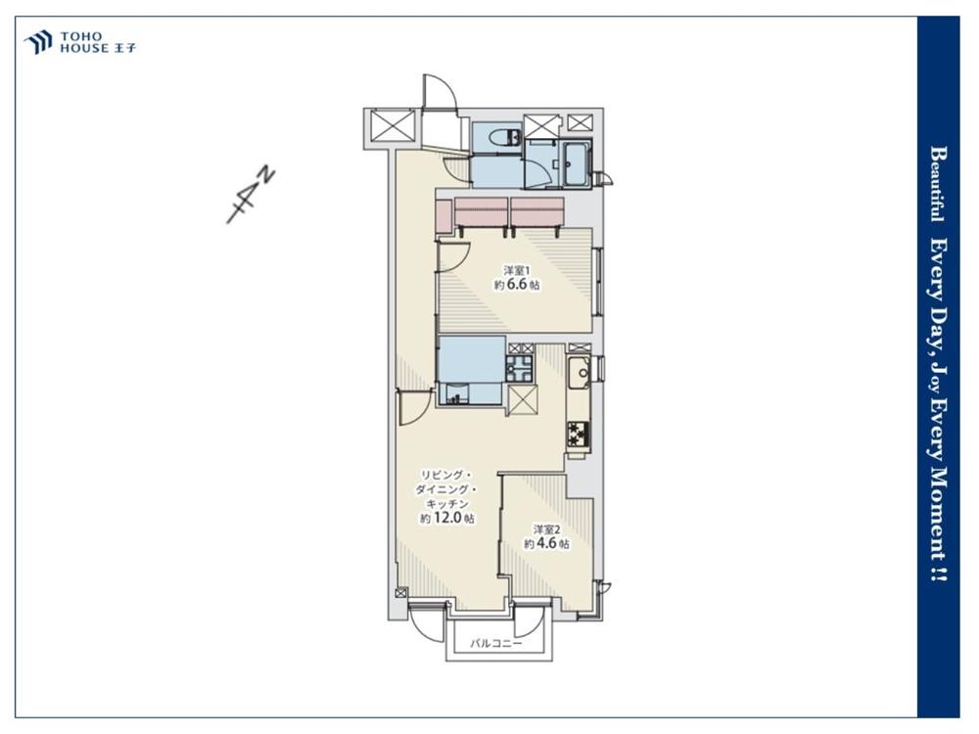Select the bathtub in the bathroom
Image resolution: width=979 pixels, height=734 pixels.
point(576,164)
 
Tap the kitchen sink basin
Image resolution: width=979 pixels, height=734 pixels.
point(581,373)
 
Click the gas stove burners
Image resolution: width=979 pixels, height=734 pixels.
point(579,434)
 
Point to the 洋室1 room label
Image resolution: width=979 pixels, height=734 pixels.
point(516,270)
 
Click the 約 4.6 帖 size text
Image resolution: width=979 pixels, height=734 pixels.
point(546,543)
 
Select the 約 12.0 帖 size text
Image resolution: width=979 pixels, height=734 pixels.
point(446,518)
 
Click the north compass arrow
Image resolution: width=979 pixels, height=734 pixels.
point(251,195)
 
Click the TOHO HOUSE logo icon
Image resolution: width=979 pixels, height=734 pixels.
point(38,42)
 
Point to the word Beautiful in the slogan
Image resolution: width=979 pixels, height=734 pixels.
point(937,184)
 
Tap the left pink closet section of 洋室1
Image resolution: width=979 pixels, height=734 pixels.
point(482,212)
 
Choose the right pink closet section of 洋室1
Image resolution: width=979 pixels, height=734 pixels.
point(537,212)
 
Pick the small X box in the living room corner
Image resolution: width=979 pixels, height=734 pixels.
point(400,594)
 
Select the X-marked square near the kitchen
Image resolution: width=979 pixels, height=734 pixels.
point(523,400)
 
